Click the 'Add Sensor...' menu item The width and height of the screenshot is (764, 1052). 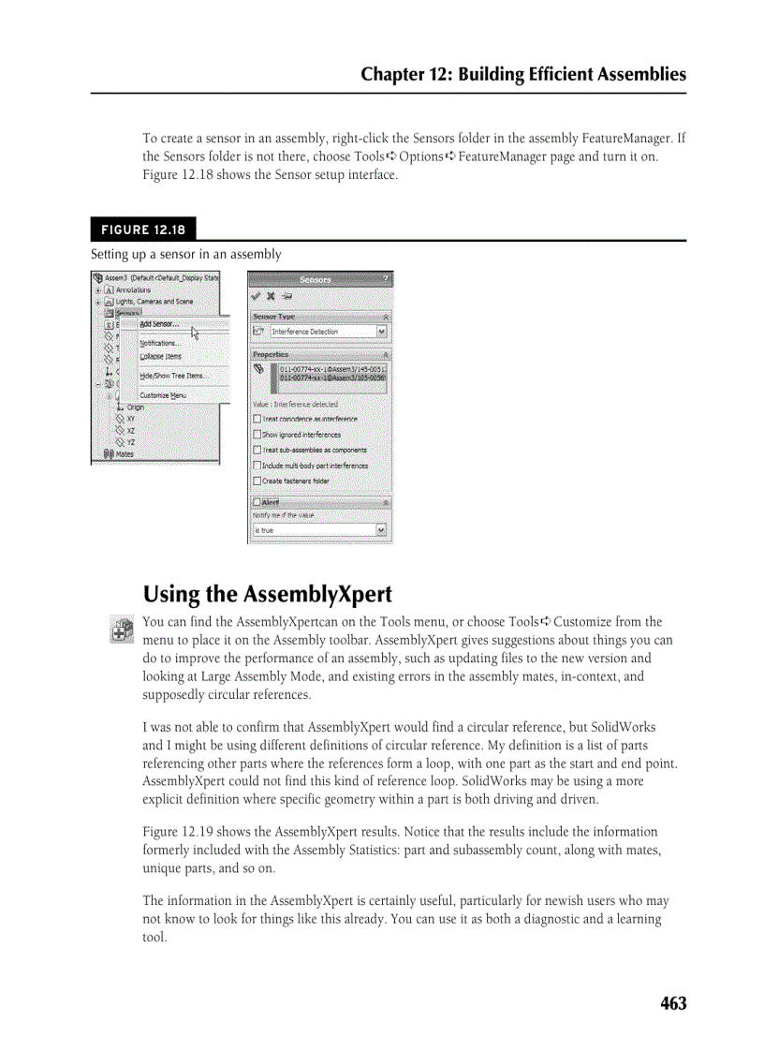point(159,324)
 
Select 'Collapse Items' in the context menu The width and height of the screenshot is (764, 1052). point(160,356)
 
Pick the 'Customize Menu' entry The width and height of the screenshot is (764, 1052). point(162,395)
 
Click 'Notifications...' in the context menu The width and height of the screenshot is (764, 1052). point(160,343)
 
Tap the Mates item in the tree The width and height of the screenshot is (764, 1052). point(124,453)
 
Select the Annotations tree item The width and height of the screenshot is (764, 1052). point(133,290)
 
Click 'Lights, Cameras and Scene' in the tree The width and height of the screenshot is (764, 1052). point(154,302)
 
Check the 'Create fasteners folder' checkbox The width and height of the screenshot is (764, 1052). point(257,481)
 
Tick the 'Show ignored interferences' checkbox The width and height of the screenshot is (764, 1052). point(257,435)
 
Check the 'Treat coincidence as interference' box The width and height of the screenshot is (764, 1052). point(257,419)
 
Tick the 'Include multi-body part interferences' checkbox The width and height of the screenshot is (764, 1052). point(257,466)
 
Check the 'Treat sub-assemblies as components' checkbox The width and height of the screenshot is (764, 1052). point(257,450)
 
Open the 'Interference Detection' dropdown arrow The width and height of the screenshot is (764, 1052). point(381,332)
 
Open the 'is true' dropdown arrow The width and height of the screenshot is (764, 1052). point(381,530)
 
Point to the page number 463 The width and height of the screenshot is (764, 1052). point(672,1003)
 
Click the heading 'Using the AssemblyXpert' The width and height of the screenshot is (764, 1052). point(267,595)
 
